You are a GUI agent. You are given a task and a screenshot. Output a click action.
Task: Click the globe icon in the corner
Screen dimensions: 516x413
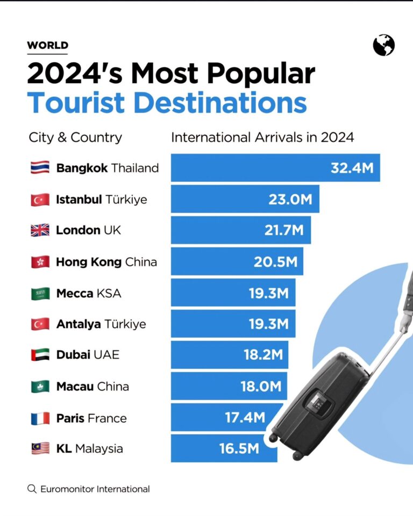[x=384, y=45]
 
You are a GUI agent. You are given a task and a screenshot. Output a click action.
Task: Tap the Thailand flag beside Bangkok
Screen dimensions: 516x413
[x=40, y=168]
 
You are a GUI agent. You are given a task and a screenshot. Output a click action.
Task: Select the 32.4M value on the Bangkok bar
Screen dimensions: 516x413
[x=352, y=168]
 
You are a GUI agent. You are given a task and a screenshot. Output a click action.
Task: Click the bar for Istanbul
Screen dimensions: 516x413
[x=245, y=199]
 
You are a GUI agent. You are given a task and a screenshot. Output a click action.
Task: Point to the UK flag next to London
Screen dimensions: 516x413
[x=40, y=230]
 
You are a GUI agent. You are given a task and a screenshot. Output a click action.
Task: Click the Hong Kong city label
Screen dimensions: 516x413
[x=89, y=262]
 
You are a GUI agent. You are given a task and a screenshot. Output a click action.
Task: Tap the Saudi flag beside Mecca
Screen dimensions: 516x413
[x=40, y=293]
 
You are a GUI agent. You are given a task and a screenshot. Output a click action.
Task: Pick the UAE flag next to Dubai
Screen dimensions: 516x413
[x=40, y=355]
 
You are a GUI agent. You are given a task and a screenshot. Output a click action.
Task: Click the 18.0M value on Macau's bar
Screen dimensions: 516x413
[x=261, y=387]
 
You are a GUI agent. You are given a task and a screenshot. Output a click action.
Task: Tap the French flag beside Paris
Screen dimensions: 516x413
[x=40, y=418]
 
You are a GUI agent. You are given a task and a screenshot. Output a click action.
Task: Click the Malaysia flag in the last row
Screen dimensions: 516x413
[x=40, y=449]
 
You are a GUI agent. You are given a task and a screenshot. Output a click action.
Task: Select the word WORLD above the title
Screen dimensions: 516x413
[x=47, y=46]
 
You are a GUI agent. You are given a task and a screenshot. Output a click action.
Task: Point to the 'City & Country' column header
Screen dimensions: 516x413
[x=75, y=137]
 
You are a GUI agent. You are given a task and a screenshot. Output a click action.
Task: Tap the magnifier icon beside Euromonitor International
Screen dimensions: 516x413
[x=32, y=489]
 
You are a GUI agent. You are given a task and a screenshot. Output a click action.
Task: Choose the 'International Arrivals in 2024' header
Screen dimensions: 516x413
[x=262, y=137]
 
